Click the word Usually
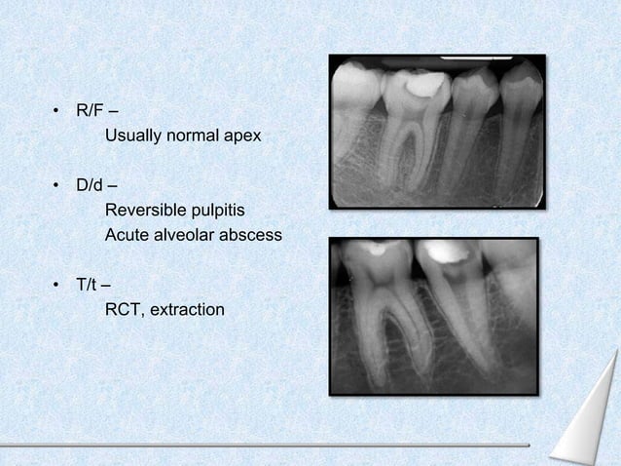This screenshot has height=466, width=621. click(133, 136)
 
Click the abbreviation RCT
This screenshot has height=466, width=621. click(122, 310)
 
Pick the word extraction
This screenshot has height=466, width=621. click(185, 310)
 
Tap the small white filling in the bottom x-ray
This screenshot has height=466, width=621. click(374, 249)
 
